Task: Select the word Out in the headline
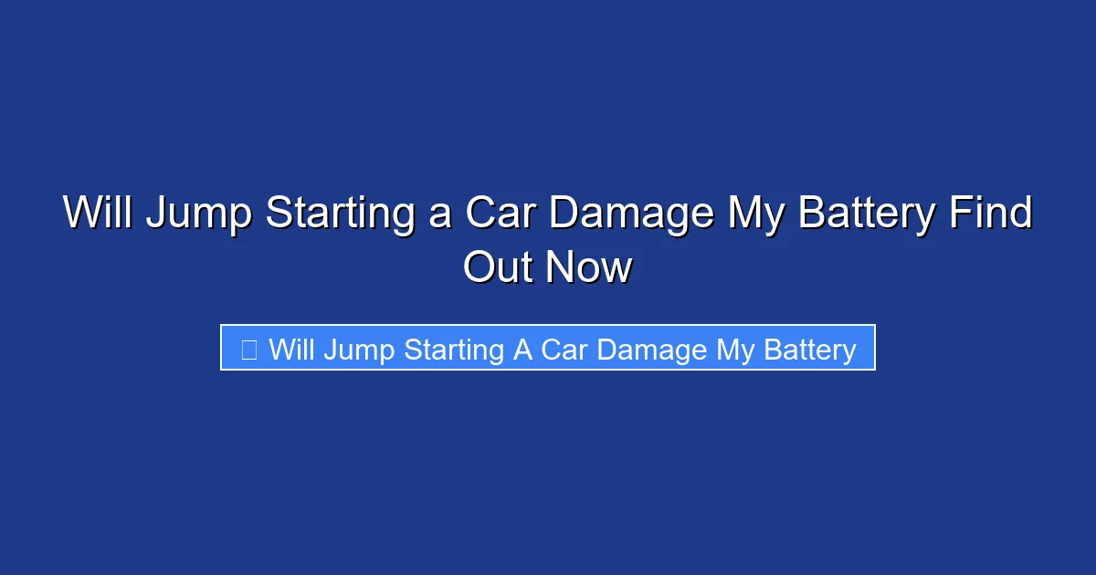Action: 498,268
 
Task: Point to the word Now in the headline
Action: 589,268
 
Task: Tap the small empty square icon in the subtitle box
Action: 248,349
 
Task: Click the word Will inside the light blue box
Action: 291,349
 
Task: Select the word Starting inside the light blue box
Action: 454,350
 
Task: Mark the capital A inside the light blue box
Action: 522,349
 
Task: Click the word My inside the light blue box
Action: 732,350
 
